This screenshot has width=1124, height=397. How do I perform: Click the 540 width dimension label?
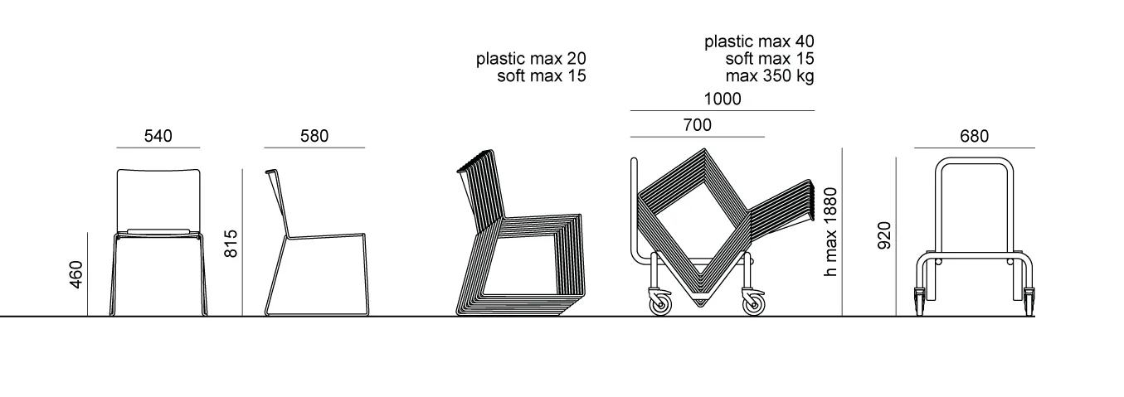[158, 136]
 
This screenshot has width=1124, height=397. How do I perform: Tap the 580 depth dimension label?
[314, 136]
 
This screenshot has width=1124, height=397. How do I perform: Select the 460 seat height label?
[75, 274]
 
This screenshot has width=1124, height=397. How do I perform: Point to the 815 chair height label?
[231, 244]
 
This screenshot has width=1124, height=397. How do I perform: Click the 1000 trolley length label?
[723, 99]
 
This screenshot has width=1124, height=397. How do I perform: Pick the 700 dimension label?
[698, 125]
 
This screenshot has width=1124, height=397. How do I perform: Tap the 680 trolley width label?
[975, 136]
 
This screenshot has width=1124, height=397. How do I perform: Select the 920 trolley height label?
[884, 235]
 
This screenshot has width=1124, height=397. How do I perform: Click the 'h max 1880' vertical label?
[830, 231]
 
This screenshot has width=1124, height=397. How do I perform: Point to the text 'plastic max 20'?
[531, 59]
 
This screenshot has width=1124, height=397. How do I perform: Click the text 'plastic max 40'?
[759, 41]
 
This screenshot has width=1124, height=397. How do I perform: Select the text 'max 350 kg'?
[770, 76]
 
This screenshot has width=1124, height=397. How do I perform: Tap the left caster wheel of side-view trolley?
[660, 303]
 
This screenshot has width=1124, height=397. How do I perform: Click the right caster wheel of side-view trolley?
[753, 303]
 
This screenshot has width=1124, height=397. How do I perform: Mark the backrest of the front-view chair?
[158, 201]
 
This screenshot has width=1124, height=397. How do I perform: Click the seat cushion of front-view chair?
[158, 231]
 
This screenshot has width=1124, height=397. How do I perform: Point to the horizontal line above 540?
[158, 148]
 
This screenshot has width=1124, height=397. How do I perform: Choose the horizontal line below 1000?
[723, 110]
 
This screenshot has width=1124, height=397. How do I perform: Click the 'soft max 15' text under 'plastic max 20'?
[542, 76]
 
